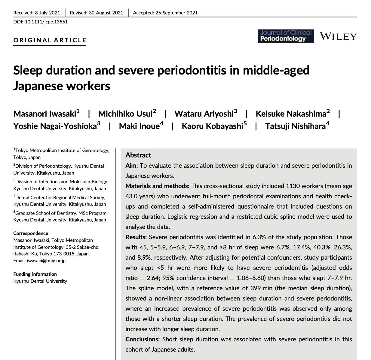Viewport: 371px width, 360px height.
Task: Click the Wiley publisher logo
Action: [338, 36]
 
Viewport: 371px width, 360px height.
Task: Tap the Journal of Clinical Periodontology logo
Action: [286, 36]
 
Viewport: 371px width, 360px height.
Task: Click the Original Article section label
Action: [50, 40]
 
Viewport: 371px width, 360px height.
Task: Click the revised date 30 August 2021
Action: [105, 13]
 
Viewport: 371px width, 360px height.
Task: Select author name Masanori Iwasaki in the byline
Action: [45, 114]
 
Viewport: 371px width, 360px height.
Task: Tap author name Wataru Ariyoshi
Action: [204, 114]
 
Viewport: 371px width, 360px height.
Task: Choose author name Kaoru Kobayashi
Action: [212, 126]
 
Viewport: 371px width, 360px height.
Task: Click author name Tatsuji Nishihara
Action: [295, 126]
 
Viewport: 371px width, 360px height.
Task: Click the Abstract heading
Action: [138, 155]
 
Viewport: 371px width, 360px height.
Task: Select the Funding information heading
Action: [35, 274]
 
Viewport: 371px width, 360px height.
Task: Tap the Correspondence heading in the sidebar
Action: [31, 233]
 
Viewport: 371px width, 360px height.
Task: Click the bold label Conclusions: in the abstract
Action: [143, 339]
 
